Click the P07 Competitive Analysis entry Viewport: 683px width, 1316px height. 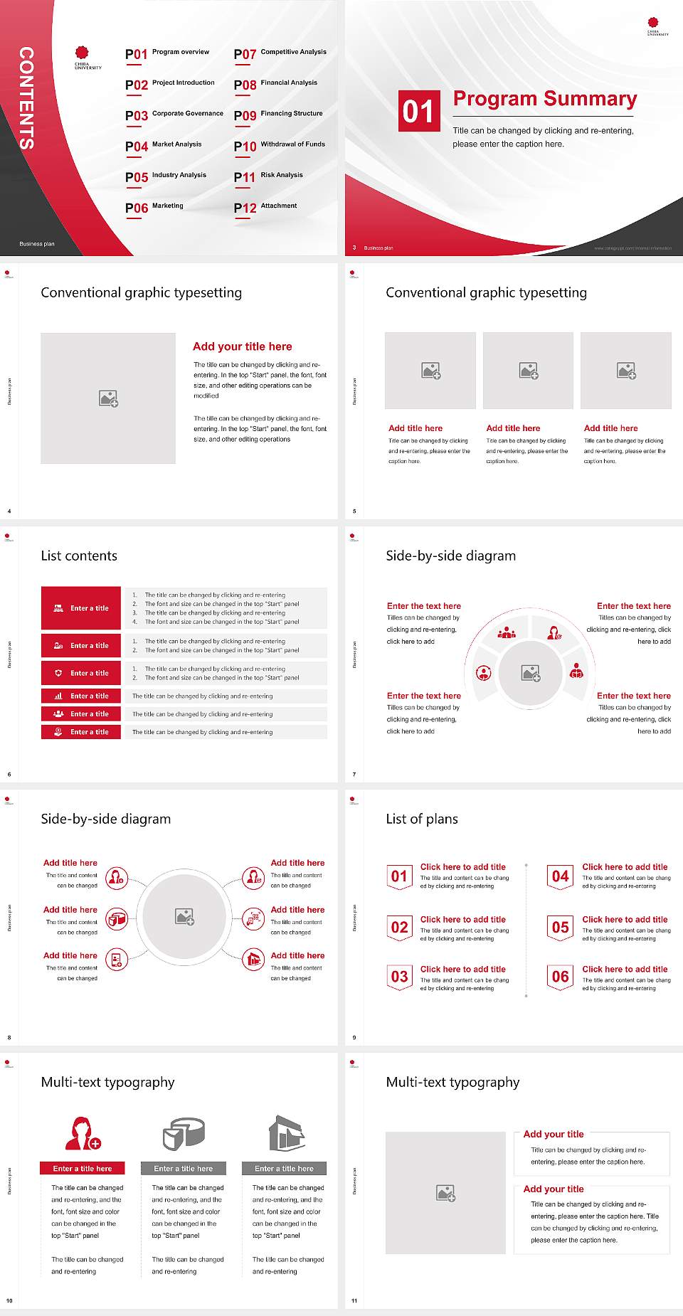[x=280, y=53]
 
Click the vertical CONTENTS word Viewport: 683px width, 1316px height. [x=26, y=97]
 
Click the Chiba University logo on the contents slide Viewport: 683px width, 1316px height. [x=88, y=57]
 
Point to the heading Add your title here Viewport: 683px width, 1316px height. [x=242, y=346]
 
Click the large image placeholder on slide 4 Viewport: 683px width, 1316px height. [x=108, y=398]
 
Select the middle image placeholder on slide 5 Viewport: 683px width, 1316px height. [x=528, y=371]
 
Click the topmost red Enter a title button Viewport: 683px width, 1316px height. [x=81, y=608]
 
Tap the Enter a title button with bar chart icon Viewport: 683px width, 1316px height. [x=81, y=696]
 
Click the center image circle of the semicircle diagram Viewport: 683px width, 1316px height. [x=531, y=672]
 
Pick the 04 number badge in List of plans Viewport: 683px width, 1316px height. [x=561, y=877]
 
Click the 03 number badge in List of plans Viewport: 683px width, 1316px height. [x=400, y=977]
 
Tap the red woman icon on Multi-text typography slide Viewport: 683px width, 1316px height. [x=83, y=1133]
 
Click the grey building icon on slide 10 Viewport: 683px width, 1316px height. [x=287, y=1133]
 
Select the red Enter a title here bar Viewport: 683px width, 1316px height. [x=82, y=1168]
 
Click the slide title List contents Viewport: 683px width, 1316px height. [x=79, y=556]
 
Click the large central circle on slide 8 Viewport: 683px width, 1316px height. [x=185, y=916]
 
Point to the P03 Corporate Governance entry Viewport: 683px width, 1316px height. [x=174, y=115]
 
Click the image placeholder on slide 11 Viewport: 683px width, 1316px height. [x=446, y=1193]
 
